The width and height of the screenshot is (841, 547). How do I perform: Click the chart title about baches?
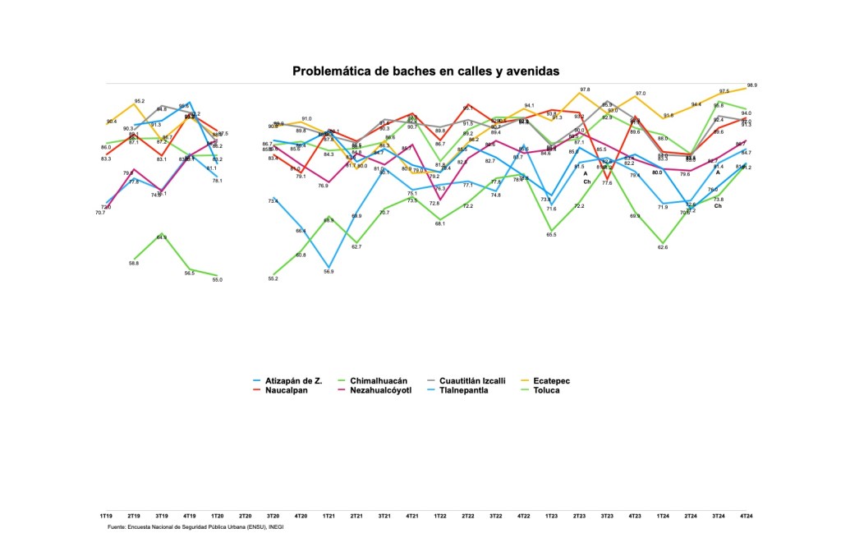click(425, 71)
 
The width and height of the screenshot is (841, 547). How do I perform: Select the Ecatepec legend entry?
click(551, 381)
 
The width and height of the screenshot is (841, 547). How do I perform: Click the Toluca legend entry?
click(546, 390)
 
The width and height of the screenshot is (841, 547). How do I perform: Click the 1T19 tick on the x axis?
click(107, 516)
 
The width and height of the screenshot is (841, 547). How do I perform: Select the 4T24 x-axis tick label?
click(746, 516)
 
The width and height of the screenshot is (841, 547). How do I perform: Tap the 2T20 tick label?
click(245, 516)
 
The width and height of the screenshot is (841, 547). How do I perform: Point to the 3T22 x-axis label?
click(495, 516)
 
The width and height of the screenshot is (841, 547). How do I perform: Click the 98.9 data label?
click(751, 85)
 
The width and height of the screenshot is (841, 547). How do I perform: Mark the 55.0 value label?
click(218, 280)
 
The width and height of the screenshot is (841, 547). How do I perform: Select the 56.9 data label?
click(329, 271)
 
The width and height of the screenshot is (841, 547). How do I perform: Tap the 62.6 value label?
click(662, 247)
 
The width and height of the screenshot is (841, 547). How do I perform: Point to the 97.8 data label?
click(585, 90)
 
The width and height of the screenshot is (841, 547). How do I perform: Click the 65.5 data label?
click(551, 235)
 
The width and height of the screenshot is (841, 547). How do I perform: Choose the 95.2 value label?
click(140, 101)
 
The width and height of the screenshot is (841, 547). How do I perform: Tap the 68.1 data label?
click(440, 223)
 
